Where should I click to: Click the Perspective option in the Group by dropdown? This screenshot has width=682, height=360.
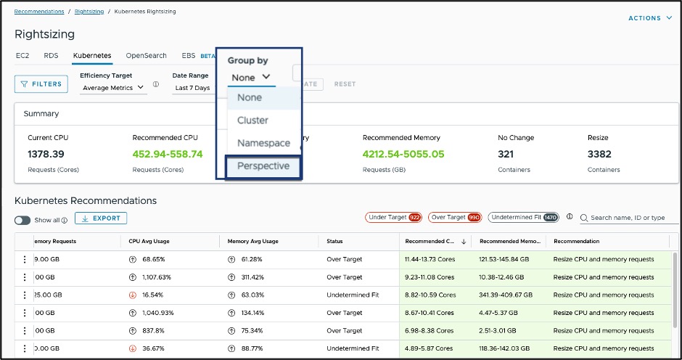click(263, 166)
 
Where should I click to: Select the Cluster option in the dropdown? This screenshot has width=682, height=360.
click(252, 120)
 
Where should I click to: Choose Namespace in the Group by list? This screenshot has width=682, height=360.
click(263, 143)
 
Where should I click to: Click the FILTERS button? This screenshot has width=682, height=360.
click(41, 84)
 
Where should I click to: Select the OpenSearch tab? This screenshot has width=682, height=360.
click(146, 56)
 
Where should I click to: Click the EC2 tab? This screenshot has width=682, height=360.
click(22, 56)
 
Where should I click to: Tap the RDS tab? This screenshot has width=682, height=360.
click(51, 56)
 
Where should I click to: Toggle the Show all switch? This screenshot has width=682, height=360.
click(22, 220)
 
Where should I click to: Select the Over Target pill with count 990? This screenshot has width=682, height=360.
click(455, 217)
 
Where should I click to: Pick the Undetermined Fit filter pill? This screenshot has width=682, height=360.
click(523, 217)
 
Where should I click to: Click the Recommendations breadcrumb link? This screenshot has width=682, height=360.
click(39, 12)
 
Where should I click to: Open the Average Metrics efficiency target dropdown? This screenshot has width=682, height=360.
click(113, 88)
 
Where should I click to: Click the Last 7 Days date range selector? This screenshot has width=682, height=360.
click(193, 88)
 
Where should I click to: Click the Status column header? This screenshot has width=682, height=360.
click(335, 242)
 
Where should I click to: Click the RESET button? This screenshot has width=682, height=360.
click(345, 84)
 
